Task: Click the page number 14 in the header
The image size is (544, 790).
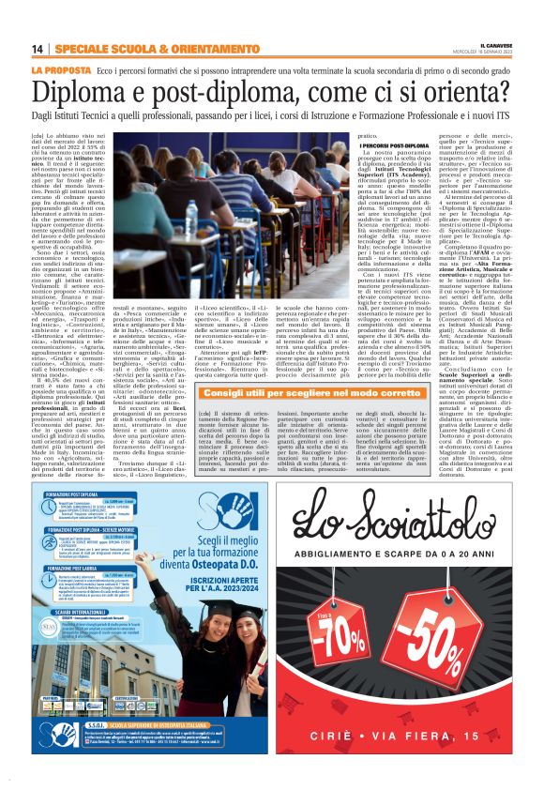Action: point(38,49)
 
